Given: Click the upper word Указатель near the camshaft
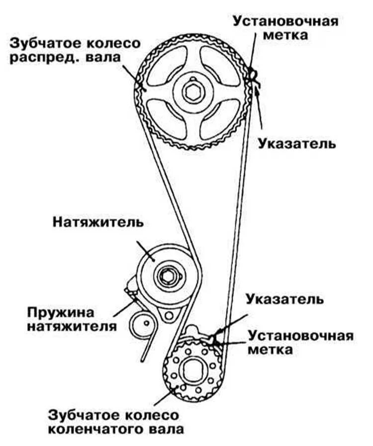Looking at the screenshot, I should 297,144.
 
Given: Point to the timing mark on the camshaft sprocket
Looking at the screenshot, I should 252,74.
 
